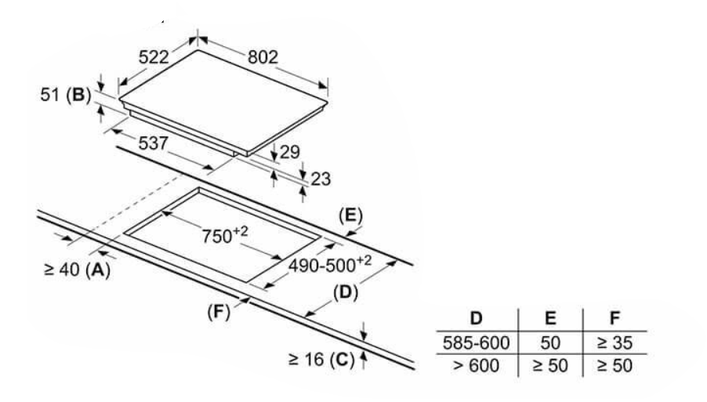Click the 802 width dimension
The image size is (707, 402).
pos(263,57)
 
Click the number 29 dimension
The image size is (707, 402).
pos(290,151)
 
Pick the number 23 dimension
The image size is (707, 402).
pos(320,179)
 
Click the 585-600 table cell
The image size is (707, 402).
pos(475,342)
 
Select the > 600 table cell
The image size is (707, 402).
pos(475,364)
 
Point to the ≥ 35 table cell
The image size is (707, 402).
pos(615,342)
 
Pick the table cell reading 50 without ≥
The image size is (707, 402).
pos(550,342)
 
